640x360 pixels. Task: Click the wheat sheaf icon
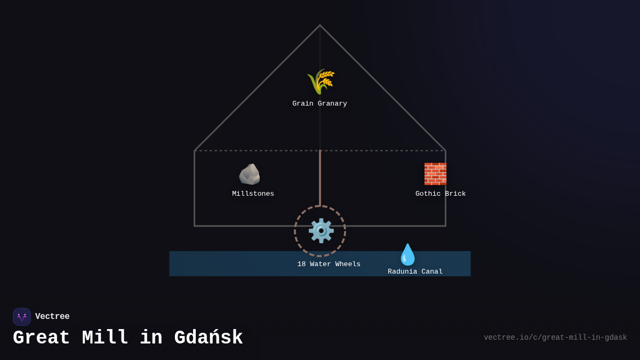pos(321,82)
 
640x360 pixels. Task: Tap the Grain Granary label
pos(319,103)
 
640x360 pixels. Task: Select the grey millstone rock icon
pos(249,174)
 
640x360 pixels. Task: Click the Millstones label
pos(253,194)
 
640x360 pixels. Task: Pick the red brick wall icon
pos(435,174)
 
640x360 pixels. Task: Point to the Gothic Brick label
pos(441,194)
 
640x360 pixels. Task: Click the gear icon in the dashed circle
pos(321,231)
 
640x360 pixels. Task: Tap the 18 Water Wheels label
pos(329,264)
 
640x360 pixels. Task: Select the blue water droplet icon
pos(407,254)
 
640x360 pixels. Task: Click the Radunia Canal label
pos(415,271)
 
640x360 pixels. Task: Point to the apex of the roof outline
pos(320,25)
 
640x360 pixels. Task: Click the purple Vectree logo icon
pos(22,317)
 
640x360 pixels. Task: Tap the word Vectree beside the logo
pos(52,317)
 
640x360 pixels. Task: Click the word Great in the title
pos(42,338)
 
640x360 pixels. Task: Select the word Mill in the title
pos(105,338)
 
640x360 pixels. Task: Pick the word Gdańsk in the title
pos(208,338)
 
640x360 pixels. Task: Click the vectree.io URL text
pos(555,338)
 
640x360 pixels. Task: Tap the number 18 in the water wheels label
pos(301,264)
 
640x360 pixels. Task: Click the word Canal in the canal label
pos(431,271)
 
